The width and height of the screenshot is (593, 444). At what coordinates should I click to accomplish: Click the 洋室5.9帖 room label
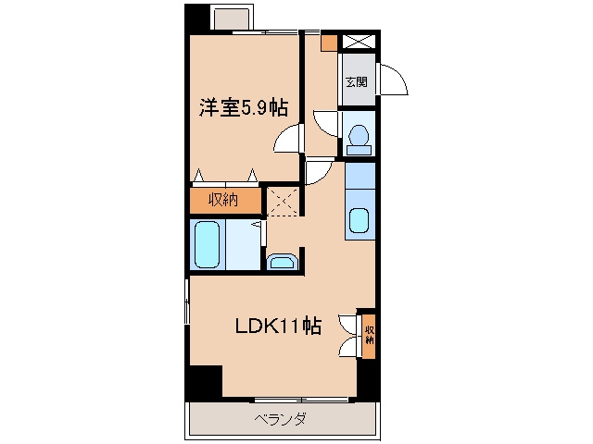(244, 107)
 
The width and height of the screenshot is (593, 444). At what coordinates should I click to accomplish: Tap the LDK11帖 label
(278, 326)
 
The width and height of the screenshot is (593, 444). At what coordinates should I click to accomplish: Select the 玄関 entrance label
(357, 81)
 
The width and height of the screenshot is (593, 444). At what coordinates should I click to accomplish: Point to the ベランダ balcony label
(280, 419)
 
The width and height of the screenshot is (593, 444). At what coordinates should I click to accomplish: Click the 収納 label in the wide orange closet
(223, 200)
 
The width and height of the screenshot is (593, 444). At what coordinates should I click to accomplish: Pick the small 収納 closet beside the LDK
(369, 336)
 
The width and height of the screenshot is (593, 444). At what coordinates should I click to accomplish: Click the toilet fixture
(359, 140)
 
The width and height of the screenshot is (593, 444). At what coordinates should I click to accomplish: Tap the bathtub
(207, 244)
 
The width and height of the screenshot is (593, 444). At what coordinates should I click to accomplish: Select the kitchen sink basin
(359, 221)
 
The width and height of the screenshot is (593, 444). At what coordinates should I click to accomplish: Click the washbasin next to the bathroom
(283, 262)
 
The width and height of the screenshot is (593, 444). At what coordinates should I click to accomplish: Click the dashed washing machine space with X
(283, 202)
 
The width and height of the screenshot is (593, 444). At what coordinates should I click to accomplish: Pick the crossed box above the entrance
(359, 41)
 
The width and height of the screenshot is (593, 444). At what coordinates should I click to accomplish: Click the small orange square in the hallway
(329, 43)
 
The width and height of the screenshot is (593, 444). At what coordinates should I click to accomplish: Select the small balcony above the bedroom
(232, 18)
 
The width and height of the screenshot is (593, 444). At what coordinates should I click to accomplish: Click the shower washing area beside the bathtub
(243, 244)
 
